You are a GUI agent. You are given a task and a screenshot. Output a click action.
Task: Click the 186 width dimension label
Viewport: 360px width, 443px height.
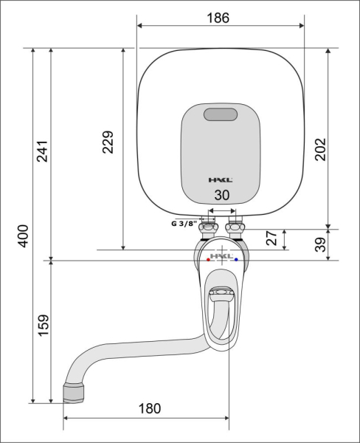[x=218, y=18]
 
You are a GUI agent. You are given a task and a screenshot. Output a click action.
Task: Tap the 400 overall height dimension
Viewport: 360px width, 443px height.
[x=23, y=236]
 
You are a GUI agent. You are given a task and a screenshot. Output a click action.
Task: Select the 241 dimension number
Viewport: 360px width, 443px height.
[x=42, y=151]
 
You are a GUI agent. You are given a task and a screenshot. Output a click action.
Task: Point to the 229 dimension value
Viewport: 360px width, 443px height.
[x=108, y=142]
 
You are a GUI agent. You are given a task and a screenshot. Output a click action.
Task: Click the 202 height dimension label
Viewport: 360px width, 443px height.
[x=320, y=149]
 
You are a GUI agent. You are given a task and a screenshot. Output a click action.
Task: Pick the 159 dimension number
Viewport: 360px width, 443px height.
[x=44, y=325]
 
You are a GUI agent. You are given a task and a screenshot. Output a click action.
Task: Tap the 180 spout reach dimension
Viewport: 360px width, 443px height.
[x=150, y=408]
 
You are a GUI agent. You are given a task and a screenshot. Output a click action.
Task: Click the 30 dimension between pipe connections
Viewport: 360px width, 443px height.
[x=222, y=195]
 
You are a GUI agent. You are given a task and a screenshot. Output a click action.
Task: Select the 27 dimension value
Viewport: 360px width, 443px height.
[x=271, y=238]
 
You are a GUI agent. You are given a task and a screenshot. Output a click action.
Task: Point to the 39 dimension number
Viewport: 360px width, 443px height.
[x=320, y=244]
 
